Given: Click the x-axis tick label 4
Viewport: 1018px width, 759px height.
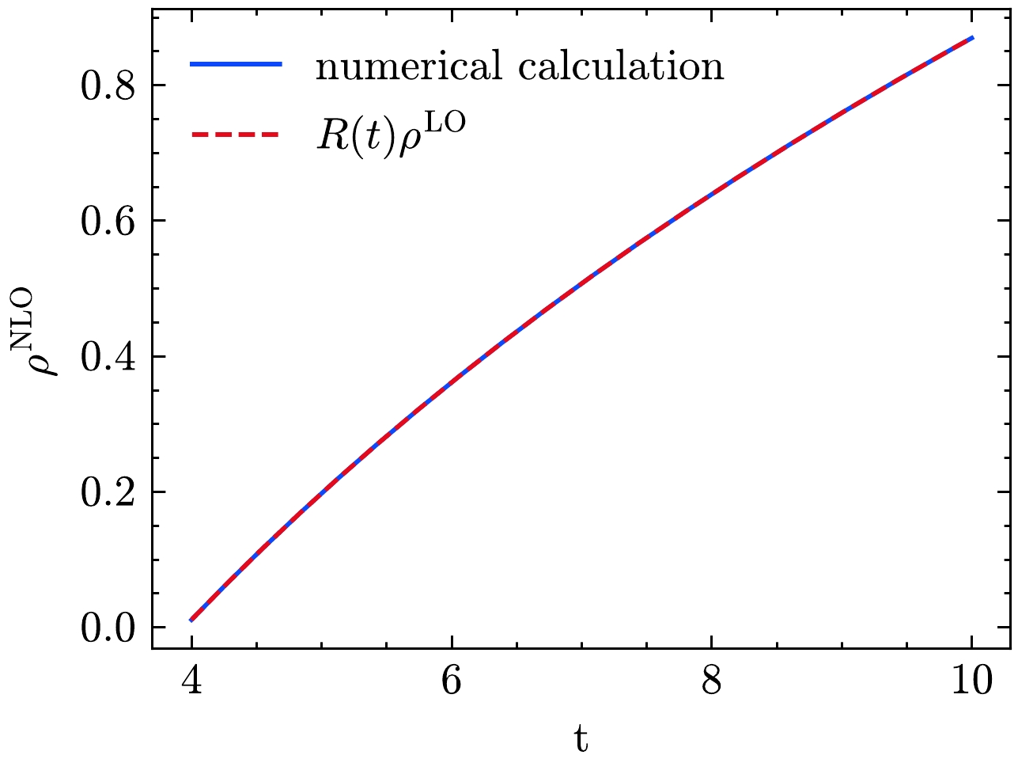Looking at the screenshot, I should (191, 681).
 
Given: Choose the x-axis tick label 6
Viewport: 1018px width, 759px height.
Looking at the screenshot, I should (452, 681).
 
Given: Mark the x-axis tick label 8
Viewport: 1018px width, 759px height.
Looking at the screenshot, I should (712, 681).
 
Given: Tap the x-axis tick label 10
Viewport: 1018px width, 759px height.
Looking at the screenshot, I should (972, 681).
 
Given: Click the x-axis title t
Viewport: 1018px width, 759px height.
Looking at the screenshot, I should (581, 738).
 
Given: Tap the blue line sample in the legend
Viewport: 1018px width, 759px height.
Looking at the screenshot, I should (236, 66).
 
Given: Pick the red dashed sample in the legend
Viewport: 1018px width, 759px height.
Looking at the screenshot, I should (236, 135).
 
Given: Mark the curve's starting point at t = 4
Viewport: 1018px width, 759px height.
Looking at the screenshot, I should (191, 620).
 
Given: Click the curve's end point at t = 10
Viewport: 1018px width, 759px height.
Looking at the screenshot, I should (972, 37).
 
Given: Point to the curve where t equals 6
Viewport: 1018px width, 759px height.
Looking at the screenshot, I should (452, 383).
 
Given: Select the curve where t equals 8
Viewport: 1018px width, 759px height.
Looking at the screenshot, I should (712, 190).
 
